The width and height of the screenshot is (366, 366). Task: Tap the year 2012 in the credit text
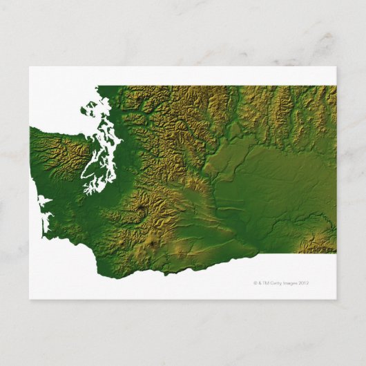click(306, 283)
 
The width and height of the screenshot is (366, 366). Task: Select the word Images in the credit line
click(295, 283)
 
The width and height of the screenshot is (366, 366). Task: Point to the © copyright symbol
click(256, 283)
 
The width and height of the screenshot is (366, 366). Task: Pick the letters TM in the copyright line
click(270, 283)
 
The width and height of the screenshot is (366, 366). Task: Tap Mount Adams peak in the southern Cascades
click(151, 243)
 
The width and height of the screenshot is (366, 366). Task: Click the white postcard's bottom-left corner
click(30, 298)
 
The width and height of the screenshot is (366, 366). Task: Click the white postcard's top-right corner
click(336, 67)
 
